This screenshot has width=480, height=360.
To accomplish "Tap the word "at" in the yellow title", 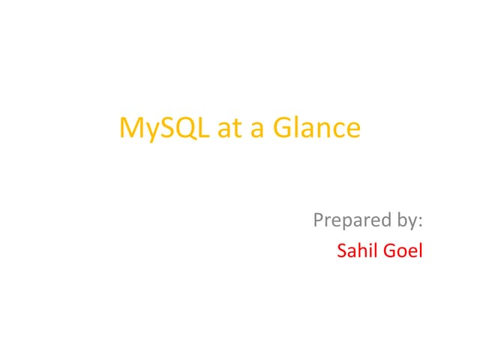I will point(228,128).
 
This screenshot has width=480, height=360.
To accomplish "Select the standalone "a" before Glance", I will point(257,130).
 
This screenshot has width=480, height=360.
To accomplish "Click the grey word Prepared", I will point(348,221).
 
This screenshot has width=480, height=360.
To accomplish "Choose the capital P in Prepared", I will point(318,221).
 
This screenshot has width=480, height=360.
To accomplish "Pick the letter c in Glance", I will point(338,130).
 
